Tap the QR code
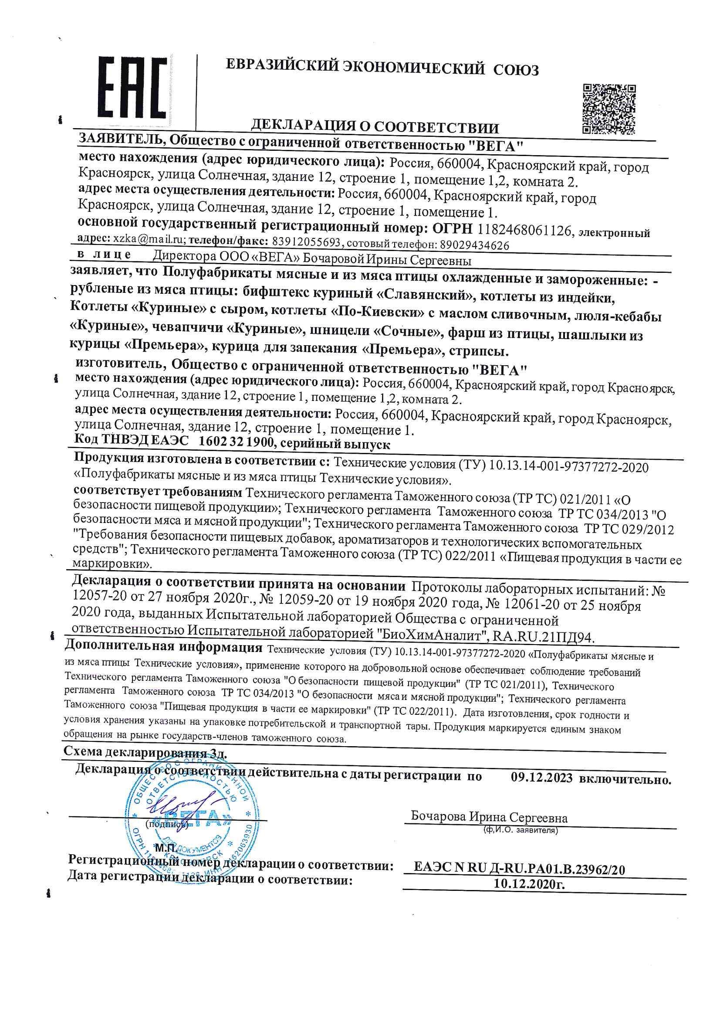click(x=608, y=108)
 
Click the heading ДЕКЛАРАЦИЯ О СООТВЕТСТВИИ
click(x=375, y=127)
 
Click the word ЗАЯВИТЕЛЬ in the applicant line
click(x=121, y=140)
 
